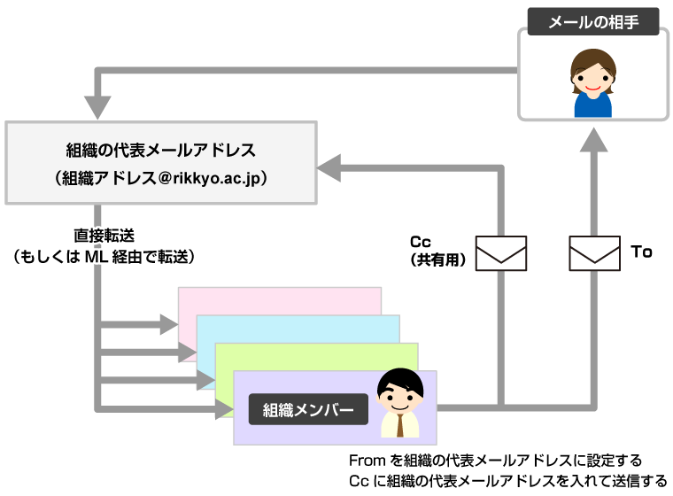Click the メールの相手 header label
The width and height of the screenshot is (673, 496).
point(593,21)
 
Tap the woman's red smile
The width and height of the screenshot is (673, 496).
point(592,89)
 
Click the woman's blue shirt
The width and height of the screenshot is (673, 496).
point(592,105)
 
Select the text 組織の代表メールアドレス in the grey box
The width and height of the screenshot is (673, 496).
point(161,151)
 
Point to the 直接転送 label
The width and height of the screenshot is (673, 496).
point(104,236)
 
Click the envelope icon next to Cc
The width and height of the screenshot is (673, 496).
point(501,253)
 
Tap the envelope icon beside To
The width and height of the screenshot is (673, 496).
point(594,253)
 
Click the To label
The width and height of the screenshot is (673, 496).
point(642,252)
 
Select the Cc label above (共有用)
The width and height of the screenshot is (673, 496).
point(421,242)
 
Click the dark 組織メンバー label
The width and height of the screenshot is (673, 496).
point(308,409)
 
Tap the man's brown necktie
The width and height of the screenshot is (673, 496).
point(400,425)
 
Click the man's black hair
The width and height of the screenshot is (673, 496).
point(400,380)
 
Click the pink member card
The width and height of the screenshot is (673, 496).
point(279,300)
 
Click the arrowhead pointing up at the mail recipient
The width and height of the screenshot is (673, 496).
point(594,140)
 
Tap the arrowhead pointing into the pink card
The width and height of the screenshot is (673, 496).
point(169,324)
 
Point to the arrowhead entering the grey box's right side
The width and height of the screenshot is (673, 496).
point(329,168)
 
